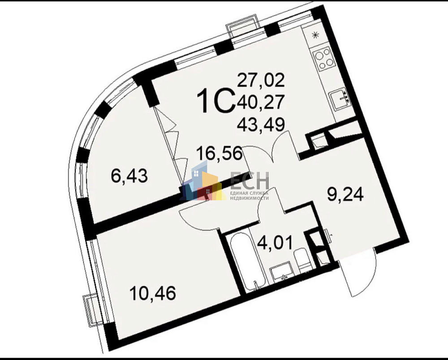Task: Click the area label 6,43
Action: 129,176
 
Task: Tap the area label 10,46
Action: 152,293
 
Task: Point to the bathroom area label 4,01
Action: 275,243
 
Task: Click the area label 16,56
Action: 220,153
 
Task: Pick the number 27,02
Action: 261,80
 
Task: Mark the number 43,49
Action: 261,124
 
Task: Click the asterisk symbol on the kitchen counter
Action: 315,35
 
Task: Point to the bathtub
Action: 249,262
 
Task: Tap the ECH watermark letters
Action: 250,180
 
